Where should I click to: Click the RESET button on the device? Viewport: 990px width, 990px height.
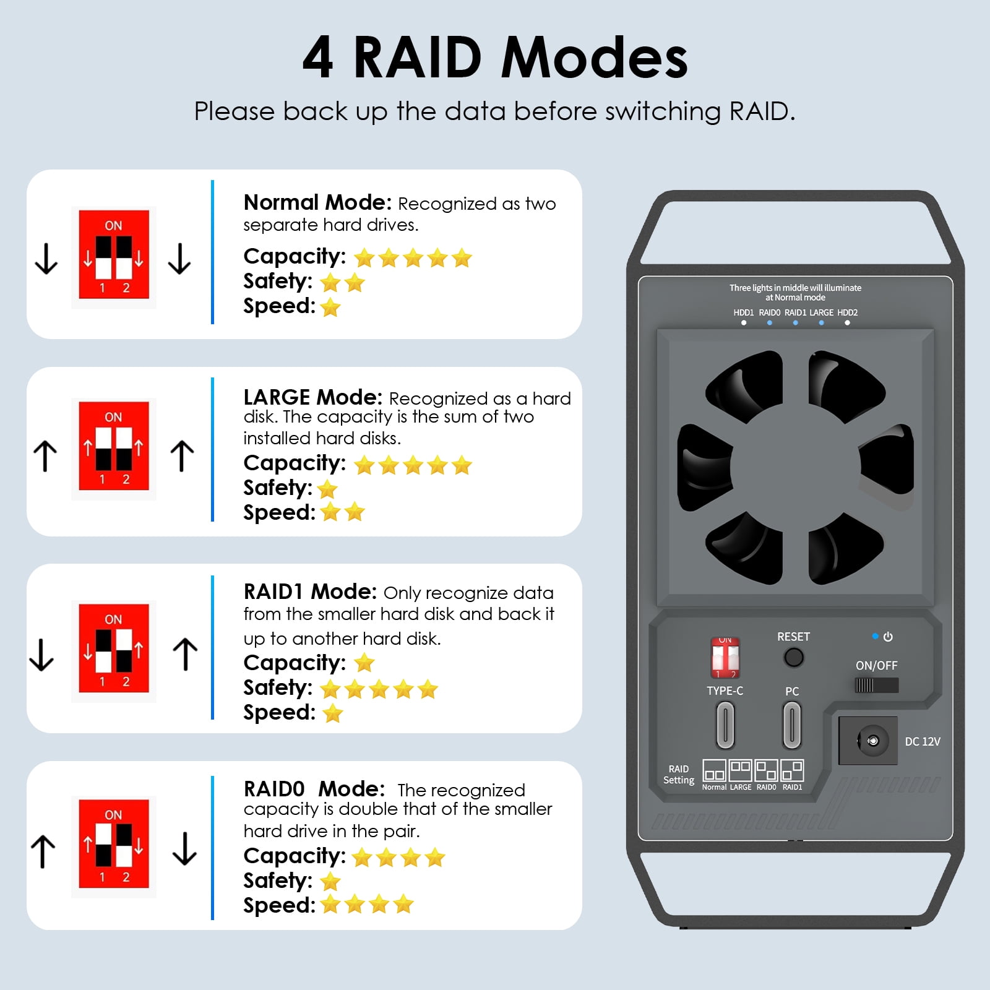point(793,657)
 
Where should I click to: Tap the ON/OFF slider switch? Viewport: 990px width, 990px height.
point(876,685)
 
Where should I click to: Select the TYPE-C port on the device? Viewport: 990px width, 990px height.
point(725,725)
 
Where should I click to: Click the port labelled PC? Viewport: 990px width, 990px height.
point(792,725)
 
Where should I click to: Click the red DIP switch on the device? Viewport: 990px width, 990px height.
point(725,658)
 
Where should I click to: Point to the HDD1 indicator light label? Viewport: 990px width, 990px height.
point(744,312)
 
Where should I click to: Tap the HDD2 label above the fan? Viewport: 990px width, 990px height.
point(847,312)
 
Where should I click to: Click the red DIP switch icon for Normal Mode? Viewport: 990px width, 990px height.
point(114,255)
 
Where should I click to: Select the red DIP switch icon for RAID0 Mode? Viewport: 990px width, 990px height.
point(114,844)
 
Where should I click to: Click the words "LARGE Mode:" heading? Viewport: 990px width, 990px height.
point(313,397)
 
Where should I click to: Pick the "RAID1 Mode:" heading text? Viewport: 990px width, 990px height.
point(310,592)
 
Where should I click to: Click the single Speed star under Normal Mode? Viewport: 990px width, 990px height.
point(331,307)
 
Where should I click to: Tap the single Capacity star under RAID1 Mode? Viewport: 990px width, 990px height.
point(364,663)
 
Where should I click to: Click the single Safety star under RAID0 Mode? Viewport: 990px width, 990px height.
point(331,881)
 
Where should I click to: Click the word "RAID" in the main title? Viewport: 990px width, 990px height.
point(418,58)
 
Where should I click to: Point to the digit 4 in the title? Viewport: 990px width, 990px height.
point(318,58)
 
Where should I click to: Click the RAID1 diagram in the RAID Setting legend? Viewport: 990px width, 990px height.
point(792,771)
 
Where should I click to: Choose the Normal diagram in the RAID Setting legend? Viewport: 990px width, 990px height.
point(714,771)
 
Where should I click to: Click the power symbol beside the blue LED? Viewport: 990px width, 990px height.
point(888,637)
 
